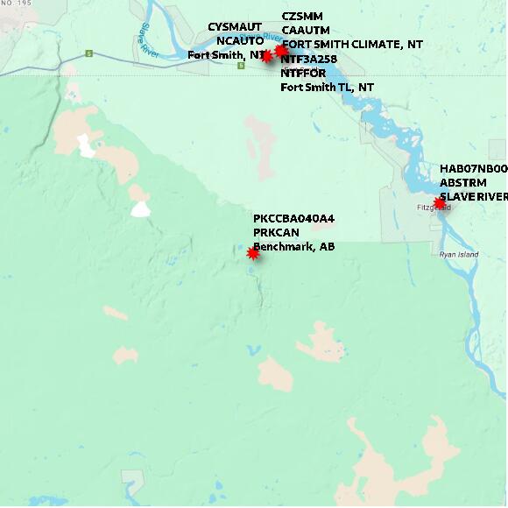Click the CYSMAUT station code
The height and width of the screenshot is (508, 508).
point(235,27)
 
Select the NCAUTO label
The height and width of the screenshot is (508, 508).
point(240,40)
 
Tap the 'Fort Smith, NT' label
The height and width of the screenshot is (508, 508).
point(226,54)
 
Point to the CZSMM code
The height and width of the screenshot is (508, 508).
point(301,17)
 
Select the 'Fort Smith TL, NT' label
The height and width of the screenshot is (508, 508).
point(327,87)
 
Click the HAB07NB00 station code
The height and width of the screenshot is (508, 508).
point(473,168)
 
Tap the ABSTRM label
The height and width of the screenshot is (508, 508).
point(462,182)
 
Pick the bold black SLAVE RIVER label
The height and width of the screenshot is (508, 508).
point(473,196)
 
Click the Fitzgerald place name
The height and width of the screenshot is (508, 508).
point(434,208)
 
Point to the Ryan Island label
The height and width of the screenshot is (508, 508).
point(459,254)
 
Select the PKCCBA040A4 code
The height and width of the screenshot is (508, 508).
point(293,218)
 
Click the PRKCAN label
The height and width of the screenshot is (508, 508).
point(276,232)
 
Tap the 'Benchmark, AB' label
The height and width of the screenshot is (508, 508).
point(293,246)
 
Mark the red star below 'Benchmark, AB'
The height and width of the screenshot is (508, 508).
point(253,253)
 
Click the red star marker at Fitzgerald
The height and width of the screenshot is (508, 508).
point(440,203)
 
